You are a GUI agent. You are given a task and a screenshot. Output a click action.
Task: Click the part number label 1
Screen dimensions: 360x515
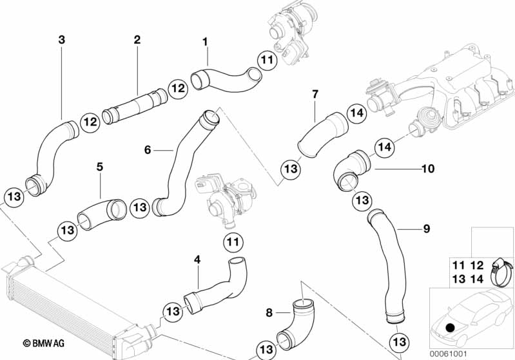pos(205,42)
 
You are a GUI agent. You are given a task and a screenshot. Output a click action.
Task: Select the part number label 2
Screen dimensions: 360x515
pos(137,40)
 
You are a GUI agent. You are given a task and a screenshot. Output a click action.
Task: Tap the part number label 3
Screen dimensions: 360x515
pos(61,40)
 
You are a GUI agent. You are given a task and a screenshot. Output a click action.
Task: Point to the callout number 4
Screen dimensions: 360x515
pos(197,260)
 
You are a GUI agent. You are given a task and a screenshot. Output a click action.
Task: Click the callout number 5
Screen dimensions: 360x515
pos(100,167)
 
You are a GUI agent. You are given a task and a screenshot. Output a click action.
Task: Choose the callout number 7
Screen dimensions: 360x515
pos(315,94)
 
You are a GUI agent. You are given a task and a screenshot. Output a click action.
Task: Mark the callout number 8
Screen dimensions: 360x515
pos(269,313)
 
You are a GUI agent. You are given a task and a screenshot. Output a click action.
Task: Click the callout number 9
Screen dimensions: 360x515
pos(427,229)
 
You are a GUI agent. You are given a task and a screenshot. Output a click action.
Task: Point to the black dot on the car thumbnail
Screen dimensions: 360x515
pos(449,328)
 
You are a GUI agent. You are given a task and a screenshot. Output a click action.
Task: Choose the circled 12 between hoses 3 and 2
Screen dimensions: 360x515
pos(89,120)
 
